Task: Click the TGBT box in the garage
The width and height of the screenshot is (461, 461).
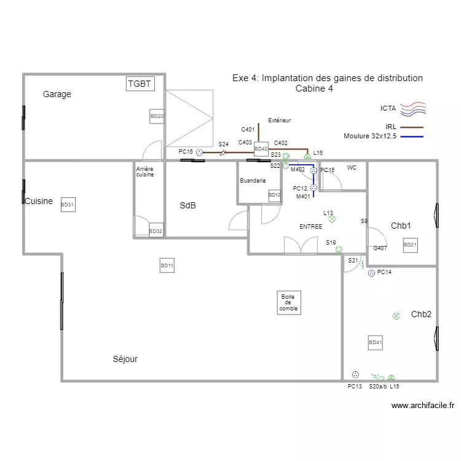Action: [x=140, y=84]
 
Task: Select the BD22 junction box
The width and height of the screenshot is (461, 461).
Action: [x=157, y=116]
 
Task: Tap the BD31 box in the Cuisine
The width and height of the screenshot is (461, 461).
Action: [x=68, y=205]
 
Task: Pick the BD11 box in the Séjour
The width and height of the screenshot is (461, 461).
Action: [x=167, y=266]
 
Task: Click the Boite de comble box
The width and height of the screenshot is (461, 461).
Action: [x=288, y=303]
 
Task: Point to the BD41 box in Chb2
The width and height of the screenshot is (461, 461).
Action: [x=376, y=342]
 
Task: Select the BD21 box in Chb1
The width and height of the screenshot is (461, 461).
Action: [x=410, y=245]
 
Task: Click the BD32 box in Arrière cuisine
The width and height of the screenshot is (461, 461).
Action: [x=156, y=230]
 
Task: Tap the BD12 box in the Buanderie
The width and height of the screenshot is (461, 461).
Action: [x=274, y=195]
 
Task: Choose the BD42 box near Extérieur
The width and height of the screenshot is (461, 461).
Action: [x=261, y=149]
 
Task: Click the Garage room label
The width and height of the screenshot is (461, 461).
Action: [x=57, y=95]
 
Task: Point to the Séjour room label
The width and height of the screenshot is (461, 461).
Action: [x=125, y=359]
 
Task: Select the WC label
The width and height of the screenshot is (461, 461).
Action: [x=352, y=168]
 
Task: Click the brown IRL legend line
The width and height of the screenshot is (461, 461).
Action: [x=412, y=127]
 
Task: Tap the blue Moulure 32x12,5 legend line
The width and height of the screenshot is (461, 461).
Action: [x=412, y=136]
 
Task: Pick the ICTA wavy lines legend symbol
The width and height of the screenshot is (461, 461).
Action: [x=412, y=109]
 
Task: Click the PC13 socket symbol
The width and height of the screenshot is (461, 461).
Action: [x=355, y=374]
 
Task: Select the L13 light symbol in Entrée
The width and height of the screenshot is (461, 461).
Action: [x=332, y=218]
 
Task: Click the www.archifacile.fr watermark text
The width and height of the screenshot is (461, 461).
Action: [x=422, y=406]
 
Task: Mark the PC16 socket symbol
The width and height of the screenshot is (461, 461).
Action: [x=199, y=152]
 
